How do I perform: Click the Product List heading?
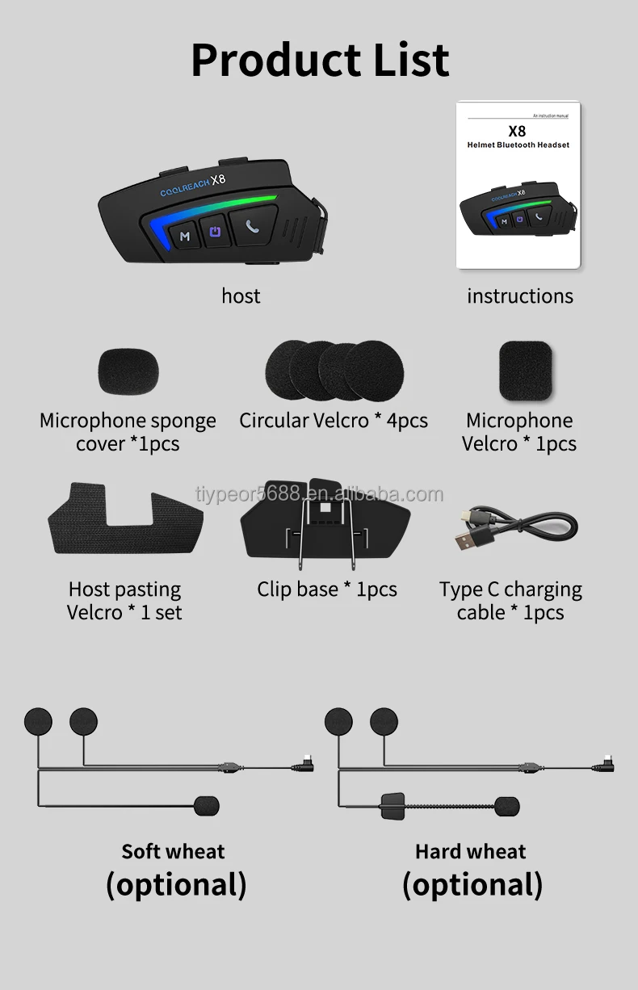(320, 59)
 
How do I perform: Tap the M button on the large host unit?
(185, 236)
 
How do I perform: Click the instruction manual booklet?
(518, 184)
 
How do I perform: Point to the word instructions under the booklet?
(519, 296)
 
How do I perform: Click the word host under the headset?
(241, 296)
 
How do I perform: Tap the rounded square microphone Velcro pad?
(525, 371)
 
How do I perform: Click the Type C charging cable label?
(510, 601)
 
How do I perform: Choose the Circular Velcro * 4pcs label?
(334, 421)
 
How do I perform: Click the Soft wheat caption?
(173, 851)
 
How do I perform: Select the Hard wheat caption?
(470, 851)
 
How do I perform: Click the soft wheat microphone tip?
(206, 805)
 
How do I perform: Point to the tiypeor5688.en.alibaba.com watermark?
(320, 494)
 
